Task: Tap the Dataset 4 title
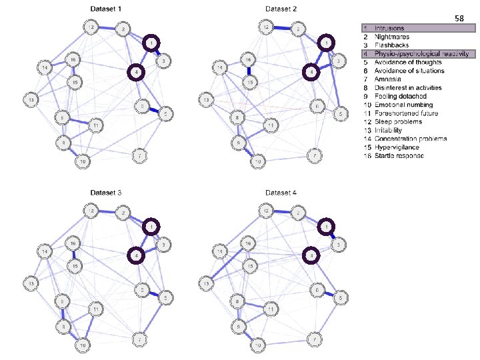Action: [281, 193]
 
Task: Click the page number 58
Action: [459, 19]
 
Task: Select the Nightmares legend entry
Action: [391, 37]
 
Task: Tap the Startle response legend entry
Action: [398, 156]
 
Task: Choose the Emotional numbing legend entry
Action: [403, 105]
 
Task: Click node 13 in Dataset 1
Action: [30, 99]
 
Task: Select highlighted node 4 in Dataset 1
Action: [136, 72]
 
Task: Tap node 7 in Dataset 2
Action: [312, 156]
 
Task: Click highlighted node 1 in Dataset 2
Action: [326, 43]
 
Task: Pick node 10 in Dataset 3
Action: [82, 345]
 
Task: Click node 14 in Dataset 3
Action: [44, 251]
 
